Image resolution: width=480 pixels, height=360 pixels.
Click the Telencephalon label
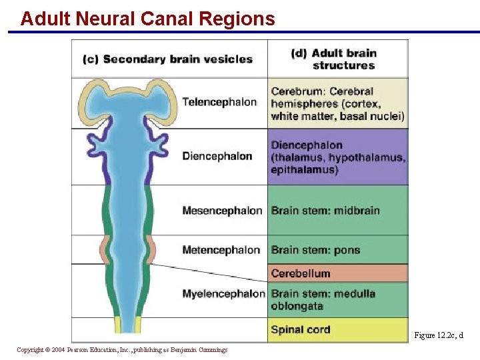coord(219,102)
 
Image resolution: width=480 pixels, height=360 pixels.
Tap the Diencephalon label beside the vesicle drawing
coord(217,156)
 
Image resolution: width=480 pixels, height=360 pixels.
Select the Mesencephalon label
coord(222,211)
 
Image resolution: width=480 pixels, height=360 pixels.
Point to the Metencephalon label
coord(221,250)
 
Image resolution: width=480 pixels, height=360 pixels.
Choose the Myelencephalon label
coord(223,293)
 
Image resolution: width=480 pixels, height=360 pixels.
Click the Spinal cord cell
coord(301,329)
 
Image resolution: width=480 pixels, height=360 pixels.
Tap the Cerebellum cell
coord(301,273)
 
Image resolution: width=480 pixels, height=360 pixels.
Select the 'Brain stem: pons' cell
coord(315,250)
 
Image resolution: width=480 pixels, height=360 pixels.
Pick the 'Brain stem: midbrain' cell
coord(325,211)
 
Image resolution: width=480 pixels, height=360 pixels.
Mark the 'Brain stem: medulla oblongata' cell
coord(323,299)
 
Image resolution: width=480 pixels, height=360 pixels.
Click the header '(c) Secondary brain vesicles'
coord(167,59)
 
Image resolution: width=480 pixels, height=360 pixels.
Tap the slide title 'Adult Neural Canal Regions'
coord(147,19)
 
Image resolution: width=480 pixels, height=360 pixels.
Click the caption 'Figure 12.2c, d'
coord(438,335)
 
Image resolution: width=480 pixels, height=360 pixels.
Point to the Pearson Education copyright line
coord(122,350)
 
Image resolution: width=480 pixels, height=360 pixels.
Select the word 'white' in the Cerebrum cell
coord(285,116)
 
